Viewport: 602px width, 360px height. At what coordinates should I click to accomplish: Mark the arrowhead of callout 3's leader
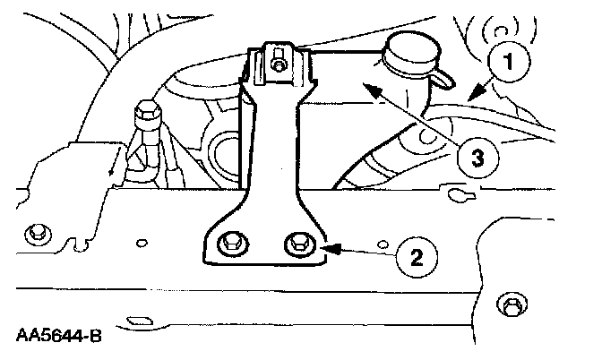click(362, 82)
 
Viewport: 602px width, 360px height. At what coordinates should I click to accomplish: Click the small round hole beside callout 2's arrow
click(383, 244)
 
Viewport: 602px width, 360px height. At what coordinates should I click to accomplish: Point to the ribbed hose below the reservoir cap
click(376, 161)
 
